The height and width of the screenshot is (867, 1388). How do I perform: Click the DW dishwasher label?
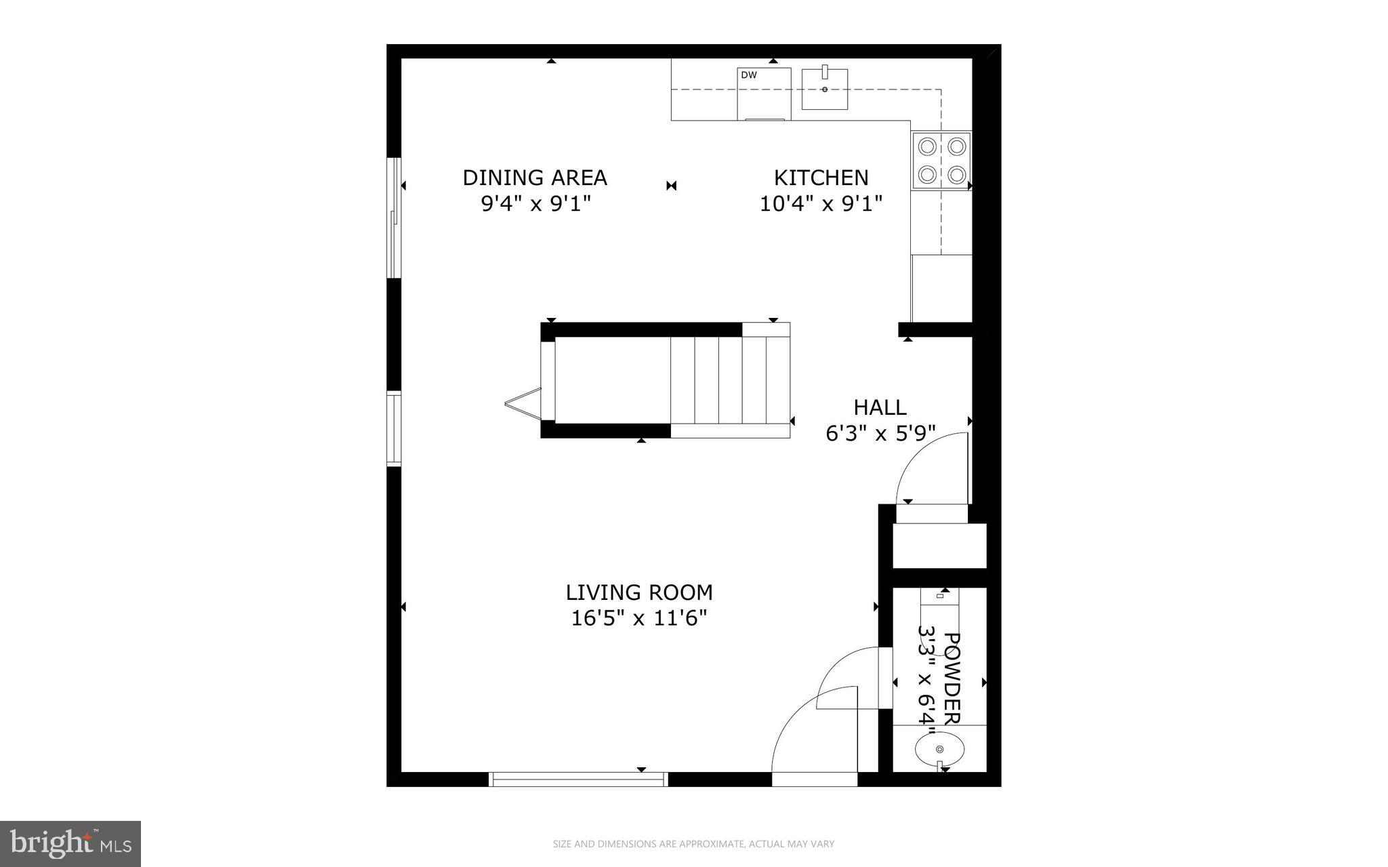(x=748, y=75)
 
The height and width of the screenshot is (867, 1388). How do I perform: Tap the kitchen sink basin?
(x=825, y=89)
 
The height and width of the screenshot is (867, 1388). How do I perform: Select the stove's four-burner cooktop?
(x=941, y=161)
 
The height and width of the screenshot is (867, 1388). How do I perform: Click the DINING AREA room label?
(x=534, y=178)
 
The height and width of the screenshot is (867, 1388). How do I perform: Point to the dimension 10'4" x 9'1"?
(x=821, y=203)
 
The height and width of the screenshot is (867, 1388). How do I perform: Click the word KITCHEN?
(x=821, y=178)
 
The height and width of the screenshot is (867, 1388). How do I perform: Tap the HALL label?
(x=880, y=407)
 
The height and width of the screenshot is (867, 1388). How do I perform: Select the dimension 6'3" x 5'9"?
(x=880, y=433)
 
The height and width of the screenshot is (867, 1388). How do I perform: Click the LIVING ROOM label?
(x=639, y=592)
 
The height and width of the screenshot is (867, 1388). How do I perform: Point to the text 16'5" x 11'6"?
(x=639, y=618)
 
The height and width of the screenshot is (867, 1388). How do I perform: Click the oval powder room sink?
(x=939, y=749)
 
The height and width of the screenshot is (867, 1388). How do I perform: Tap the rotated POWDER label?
(x=952, y=678)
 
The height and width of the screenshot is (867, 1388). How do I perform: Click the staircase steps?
(x=730, y=380)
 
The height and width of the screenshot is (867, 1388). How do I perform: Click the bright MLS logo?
(x=70, y=843)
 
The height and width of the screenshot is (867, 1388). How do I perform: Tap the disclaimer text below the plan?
(x=693, y=844)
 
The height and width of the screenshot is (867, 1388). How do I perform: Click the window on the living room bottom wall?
(x=578, y=780)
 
